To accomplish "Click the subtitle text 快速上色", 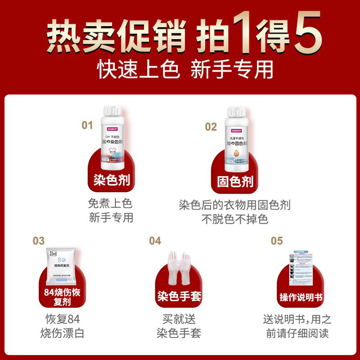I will coord(139,70).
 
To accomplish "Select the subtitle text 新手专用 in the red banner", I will coord(232,70).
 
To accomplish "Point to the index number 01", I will coord(87,125).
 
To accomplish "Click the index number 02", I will coord(211,127).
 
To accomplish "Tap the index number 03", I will coord(39,241).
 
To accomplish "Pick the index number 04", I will coord(155,241).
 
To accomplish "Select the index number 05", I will coord(277,241).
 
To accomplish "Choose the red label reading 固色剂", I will coord(235,182).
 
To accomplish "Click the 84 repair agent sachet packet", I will coord(63,265).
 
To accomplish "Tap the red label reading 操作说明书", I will coord(301,297).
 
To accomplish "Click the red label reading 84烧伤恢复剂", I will coord(63,296).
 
